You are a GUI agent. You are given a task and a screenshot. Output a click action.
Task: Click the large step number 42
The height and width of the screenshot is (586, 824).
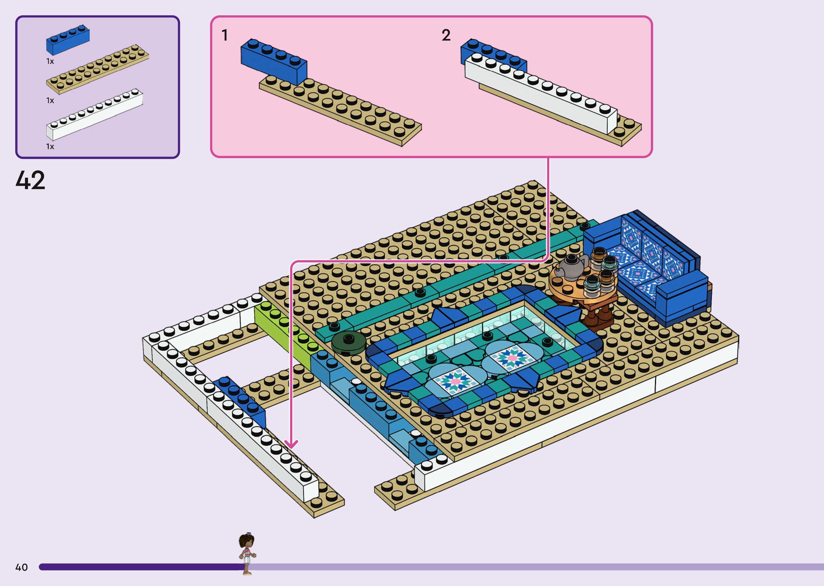coord(30,180)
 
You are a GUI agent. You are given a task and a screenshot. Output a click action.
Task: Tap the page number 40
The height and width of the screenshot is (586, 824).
coord(21,567)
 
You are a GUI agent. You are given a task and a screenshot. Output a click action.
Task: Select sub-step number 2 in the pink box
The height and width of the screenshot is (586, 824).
coord(446,35)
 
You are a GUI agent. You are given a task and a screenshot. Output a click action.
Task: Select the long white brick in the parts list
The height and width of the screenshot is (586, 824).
coord(95,114)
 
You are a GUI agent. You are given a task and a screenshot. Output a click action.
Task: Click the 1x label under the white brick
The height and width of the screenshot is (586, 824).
coord(50,146)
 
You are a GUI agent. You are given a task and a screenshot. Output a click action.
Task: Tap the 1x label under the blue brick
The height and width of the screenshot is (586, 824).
coord(50,61)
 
